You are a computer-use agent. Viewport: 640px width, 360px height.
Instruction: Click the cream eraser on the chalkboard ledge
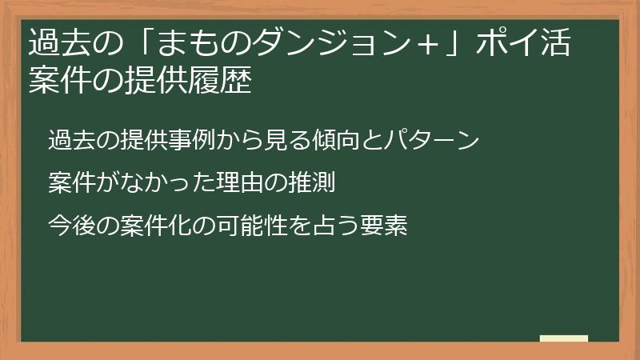(564, 338)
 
